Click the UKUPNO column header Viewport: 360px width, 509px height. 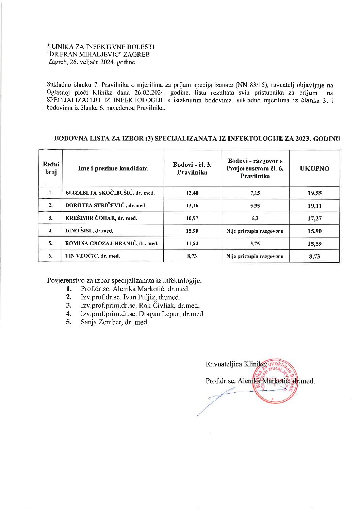pyautogui.click(x=314, y=168)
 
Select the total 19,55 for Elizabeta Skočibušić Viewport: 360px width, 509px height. pyautogui.click(x=314, y=193)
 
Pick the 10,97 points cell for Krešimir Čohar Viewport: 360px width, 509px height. pyautogui.click(x=192, y=218)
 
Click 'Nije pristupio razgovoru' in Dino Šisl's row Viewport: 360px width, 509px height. pyautogui.click(x=255, y=231)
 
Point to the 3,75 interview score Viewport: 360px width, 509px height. pyautogui.click(x=255, y=244)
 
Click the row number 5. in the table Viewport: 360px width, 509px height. pyautogui.click(x=50, y=243)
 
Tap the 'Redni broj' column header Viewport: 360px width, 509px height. pyautogui.click(x=51, y=168)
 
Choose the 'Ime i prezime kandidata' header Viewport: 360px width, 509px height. pyautogui.click(x=113, y=168)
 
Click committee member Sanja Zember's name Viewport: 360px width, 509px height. pyautogui.click(x=114, y=322)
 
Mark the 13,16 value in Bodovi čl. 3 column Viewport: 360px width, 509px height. pyautogui.click(x=192, y=206)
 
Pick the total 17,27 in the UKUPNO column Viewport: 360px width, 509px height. pyautogui.click(x=314, y=218)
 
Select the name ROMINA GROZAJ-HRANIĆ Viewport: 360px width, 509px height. pyautogui.click(x=112, y=244)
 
